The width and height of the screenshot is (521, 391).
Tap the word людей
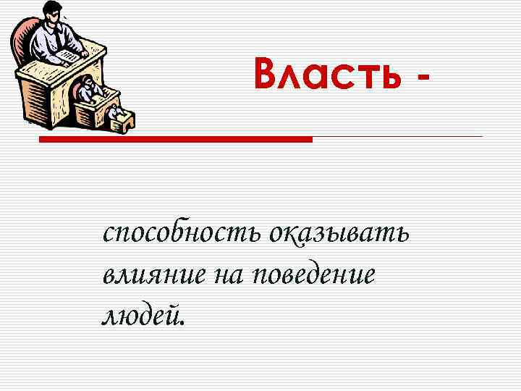[140, 314]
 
